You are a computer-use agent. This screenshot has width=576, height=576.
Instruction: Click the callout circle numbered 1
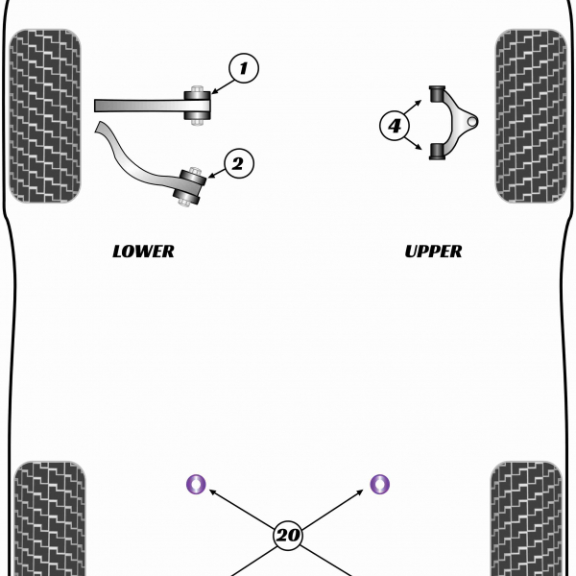coord(243,67)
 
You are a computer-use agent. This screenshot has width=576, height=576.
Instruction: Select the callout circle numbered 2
coord(239,164)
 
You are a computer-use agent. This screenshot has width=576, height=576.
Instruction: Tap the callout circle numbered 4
coord(395,125)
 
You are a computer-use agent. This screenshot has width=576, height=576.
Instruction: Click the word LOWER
coord(143,252)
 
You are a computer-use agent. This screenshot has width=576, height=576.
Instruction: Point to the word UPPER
coord(433,252)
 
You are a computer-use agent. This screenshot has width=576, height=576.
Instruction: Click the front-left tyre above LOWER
coord(44,115)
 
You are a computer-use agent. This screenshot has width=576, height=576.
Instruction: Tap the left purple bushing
coord(196,484)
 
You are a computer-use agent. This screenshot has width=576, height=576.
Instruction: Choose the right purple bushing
coord(380,484)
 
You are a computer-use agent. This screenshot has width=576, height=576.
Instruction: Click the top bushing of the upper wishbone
coord(440,96)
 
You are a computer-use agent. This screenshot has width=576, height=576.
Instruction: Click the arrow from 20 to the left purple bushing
coord(240,509)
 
